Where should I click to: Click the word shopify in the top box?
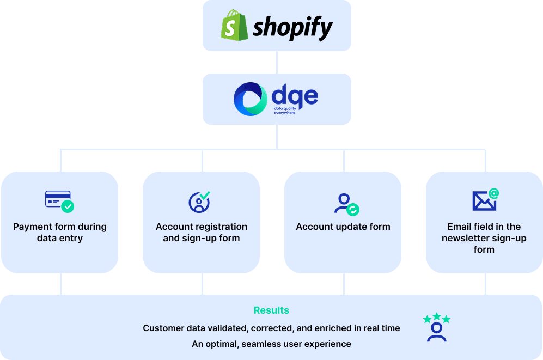tap(292, 27)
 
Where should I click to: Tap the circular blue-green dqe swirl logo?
tap(251, 99)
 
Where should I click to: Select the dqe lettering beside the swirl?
tap(295, 96)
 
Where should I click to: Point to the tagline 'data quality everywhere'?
tap(288, 111)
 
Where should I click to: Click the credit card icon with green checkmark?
tap(59, 202)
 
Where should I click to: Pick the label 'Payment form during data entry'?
tap(60, 233)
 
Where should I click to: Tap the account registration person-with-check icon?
tap(200, 202)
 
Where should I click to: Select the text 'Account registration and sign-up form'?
tap(202, 233)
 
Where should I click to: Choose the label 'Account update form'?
tap(343, 227)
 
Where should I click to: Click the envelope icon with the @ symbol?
tap(485, 200)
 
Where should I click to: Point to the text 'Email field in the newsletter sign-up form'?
tap(484, 238)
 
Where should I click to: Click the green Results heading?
tap(271, 310)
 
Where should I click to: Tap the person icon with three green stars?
tap(437, 327)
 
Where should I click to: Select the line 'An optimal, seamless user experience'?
tap(271, 344)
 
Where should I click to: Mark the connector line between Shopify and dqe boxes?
tap(277, 62)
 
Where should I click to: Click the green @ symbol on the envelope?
tap(493, 193)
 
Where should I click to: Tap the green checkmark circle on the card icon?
tap(68, 207)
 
